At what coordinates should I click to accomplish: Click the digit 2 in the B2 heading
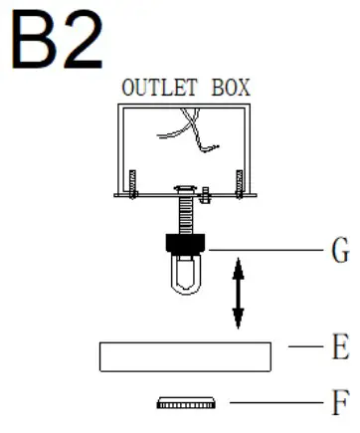pos(84,43)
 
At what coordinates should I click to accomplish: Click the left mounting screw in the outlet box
pos(131,183)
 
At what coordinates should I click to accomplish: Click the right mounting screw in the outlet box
pos(238,183)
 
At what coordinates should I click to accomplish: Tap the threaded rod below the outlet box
pos(185,218)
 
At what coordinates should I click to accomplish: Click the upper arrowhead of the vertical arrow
pos(238,265)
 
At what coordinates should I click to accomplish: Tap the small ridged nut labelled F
pos(185,403)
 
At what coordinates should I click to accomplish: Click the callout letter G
pos(338,249)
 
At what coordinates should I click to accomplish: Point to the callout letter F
pos(338,403)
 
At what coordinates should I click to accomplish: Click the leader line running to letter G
pos(264,249)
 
